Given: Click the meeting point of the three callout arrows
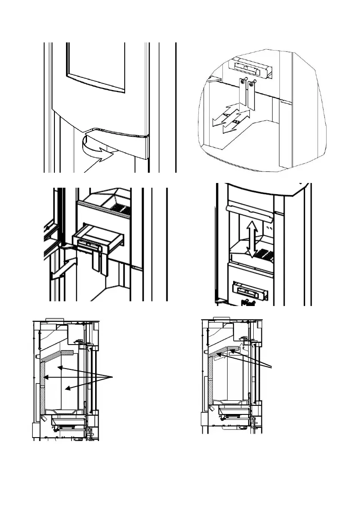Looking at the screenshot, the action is [x=113, y=377].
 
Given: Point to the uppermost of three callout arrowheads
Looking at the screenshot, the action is [x=60, y=367].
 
